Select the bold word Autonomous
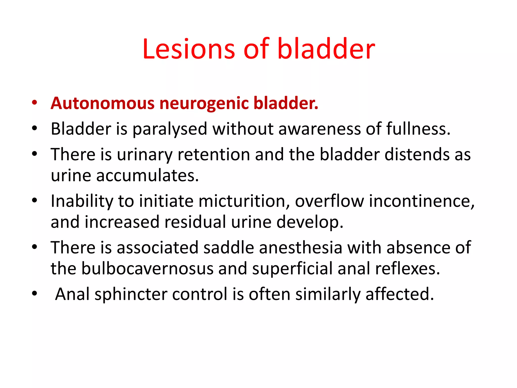click(x=102, y=103)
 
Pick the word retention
click(x=214, y=155)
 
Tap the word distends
click(x=417, y=155)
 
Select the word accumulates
click(x=147, y=176)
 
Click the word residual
click(x=195, y=222)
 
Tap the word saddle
click(x=228, y=248)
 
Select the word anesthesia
click(x=300, y=248)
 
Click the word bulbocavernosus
click(x=147, y=269)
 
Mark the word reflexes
click(x=407, y=269)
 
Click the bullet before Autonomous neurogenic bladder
click(x=35, y=103)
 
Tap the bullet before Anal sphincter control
click(x=35, y=294)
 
